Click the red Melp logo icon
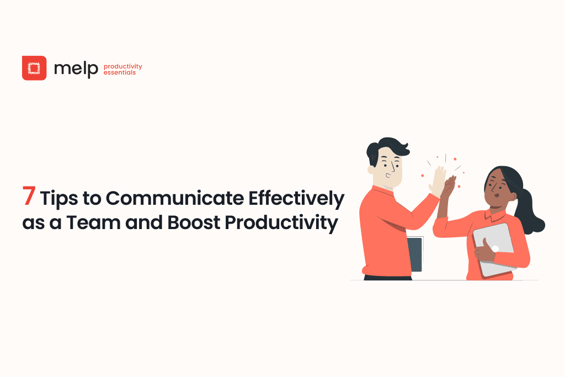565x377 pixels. tap(34, 68)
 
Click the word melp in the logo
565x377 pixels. tap(76, 68)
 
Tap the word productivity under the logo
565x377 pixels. tap(122, 66)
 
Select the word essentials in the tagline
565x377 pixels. tap(119, 72)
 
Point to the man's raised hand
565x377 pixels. tap(439, 179)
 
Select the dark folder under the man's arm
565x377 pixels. tap(415, 254)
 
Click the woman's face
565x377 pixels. tap(495, 190)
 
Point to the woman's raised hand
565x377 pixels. tap(450, 185)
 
